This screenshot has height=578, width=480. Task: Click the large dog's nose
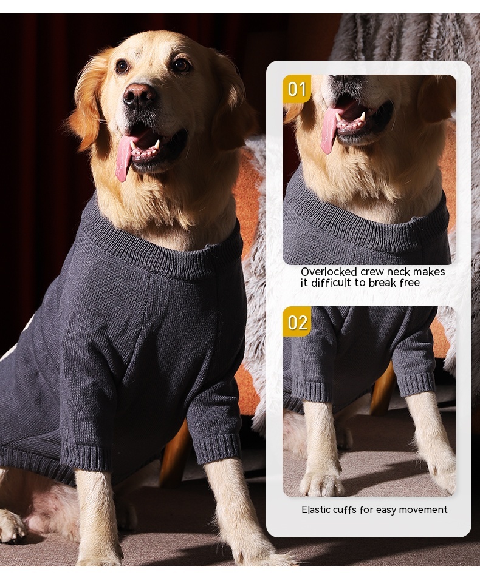pos(140,95)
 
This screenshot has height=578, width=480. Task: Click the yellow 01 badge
pos(297,89)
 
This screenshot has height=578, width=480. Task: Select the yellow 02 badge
pos(297,322)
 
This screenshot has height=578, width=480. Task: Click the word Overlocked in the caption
pos(329,272)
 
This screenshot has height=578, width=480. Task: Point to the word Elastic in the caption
pos(316,510)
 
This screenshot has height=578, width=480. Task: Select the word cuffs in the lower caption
pos(345,510)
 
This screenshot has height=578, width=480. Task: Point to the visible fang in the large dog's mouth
pos(157,144)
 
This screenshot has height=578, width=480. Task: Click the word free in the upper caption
pos(410,283)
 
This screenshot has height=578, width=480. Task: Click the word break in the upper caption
pos(382,283)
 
